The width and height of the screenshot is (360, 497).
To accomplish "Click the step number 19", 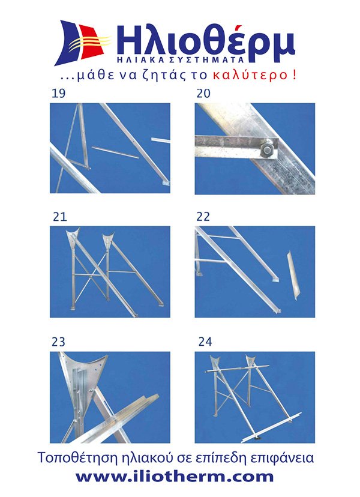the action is [58, 94].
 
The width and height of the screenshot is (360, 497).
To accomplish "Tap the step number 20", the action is [203, 94].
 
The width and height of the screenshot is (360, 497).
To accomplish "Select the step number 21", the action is [60, 217].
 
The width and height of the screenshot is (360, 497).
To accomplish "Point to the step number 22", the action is [203, 217].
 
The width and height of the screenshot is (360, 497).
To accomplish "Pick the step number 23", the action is [58, 342].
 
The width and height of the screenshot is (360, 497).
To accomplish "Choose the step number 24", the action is [205, 342].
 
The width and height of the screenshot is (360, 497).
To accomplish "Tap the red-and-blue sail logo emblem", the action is [82, 43].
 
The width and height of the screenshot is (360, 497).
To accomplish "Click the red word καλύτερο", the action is [250, 76].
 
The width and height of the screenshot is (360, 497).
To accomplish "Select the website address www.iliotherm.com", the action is [174, 477].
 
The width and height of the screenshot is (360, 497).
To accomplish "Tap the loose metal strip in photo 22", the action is [293, 276].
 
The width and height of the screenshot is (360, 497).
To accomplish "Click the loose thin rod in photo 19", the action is [115, 152].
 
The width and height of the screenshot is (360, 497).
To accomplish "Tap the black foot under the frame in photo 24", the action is [259, 438].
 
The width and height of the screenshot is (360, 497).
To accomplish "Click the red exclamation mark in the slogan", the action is [295, 75].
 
